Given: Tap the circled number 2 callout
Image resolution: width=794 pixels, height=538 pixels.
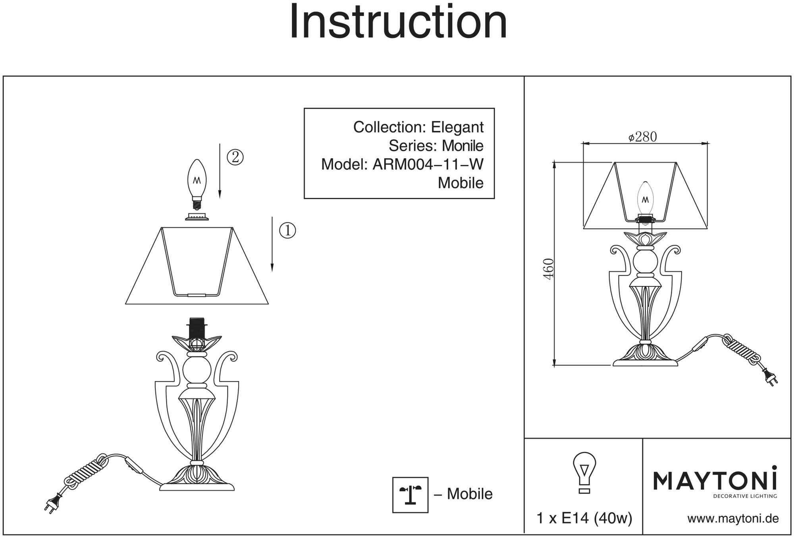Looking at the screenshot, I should point(235,158).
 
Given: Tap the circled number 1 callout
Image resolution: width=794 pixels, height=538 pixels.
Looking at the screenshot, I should point(287,230).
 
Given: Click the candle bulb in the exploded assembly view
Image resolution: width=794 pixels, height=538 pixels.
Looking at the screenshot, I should point(197,181).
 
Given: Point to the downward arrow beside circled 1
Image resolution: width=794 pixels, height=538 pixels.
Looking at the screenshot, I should point(272,244).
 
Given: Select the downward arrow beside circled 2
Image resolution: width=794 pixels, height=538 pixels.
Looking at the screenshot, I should point(220,171).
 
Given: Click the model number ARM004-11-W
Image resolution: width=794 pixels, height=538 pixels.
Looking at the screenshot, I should point(428,164).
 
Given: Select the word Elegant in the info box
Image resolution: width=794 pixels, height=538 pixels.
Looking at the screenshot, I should point(457,127).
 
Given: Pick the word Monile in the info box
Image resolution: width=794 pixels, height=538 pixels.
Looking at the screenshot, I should point(463,146).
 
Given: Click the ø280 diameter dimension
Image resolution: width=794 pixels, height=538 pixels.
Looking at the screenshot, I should point(643,137).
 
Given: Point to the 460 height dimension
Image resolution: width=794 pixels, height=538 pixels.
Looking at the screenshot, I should point(548,269).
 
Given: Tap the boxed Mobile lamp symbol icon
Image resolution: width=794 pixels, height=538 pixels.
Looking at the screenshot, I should point(410,495).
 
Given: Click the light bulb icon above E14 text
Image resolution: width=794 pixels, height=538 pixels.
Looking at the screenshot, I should point(584,472).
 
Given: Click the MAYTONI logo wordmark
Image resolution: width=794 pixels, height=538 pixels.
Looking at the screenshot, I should point(715,480).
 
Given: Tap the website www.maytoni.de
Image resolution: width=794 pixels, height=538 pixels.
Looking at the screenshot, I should point(733,519).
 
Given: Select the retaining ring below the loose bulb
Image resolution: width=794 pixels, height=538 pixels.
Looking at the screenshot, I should point(197,217).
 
